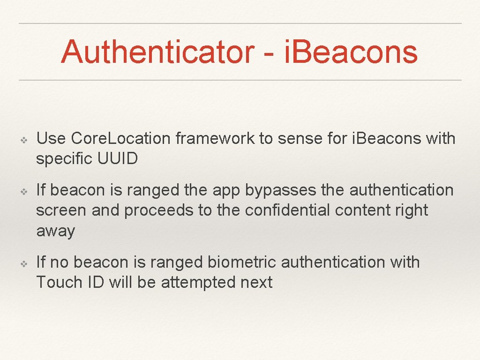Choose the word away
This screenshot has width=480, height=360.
coord(55,231)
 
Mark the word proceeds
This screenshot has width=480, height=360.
coord(159,210)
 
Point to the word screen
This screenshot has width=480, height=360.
coord(61,210)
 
